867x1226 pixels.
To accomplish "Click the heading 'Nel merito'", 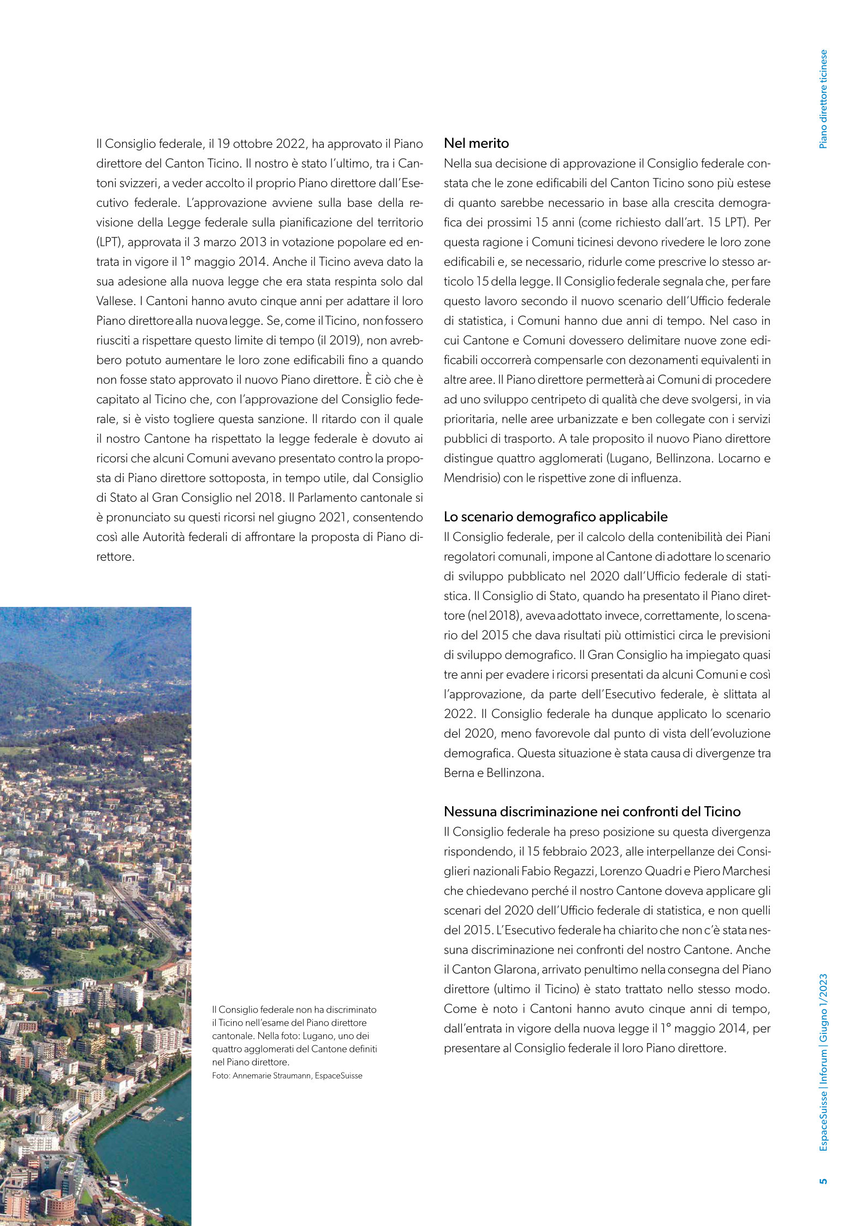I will click(x=476, y=144).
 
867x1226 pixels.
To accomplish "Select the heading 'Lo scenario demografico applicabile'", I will click(x=555, y=516).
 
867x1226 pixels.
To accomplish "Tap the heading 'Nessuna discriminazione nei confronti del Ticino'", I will click(x=592, y=811).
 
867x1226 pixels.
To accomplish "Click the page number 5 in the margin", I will click(x=823, y=1181).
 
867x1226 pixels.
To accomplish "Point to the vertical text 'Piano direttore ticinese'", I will click(x=823, y=99).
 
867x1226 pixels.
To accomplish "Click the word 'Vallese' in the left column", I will click(x=115, y=301).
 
